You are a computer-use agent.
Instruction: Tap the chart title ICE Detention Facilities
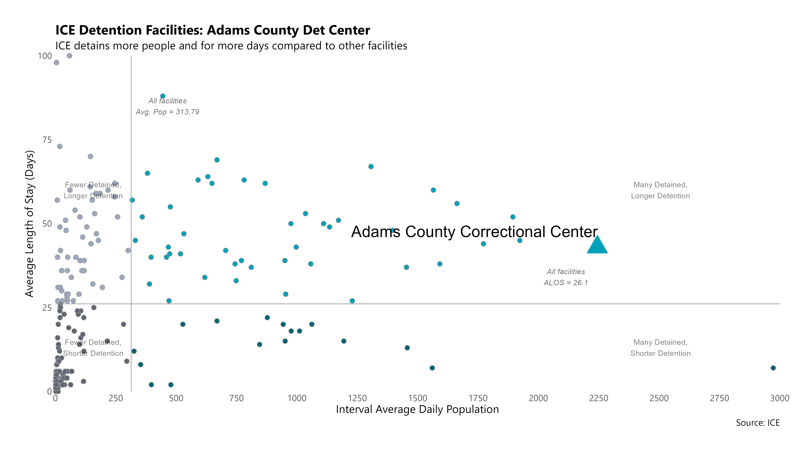[x=212, y=30]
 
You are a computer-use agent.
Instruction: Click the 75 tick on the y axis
[x=47, y=140]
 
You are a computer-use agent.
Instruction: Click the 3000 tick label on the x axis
[x=779, y=398]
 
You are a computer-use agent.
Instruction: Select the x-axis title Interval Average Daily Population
[x=417, y=410]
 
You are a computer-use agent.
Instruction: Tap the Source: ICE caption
[x=758, y=423]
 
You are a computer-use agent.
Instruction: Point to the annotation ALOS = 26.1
[x=566, y=283]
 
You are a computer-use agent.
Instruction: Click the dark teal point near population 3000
[x=773, y=368]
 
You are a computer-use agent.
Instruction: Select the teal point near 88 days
[x=163, y=96]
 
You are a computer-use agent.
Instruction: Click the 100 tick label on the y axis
[x=45, y=56]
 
